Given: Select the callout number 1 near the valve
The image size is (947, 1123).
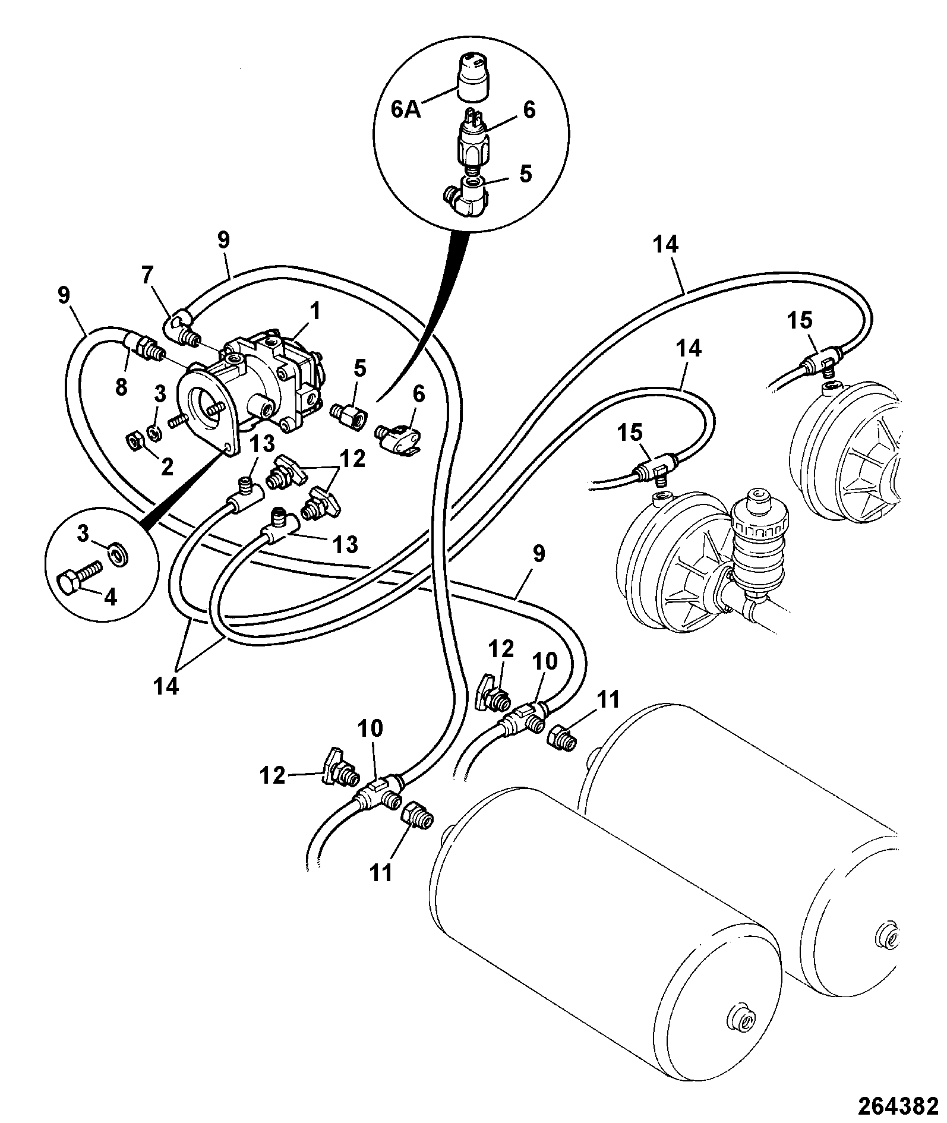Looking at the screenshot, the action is pyautogui.click(x=315, y=311).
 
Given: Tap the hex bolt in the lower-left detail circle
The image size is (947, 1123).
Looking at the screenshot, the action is pyautogui.click(x=78, y=574).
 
